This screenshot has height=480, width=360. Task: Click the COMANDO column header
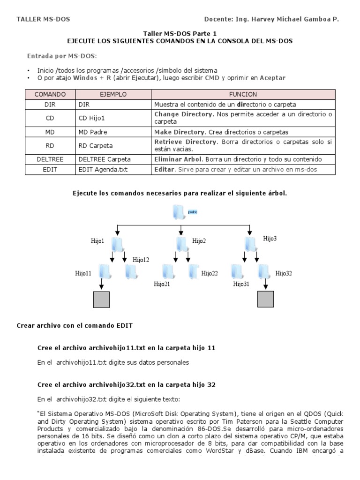click(50, 94)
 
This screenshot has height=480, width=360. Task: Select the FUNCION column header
click(243, 94)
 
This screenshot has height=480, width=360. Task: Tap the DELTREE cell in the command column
click(50, 159)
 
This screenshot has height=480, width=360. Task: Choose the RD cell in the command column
click(50, 146)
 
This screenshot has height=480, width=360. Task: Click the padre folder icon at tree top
click(180, 212)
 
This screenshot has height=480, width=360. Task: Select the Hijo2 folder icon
click(183, 244)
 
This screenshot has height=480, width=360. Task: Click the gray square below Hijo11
click(101, 300)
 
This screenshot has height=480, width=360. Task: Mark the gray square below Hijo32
click(266, 300)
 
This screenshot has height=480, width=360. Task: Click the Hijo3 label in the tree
click(270, 239)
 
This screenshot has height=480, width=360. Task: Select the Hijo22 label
click(210, 273)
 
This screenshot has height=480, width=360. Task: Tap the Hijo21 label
click(162, 284)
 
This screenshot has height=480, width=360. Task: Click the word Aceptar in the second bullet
click(272, 78)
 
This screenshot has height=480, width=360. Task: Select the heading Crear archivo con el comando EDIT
click(77, 325)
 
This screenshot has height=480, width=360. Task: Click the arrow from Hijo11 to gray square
click(101, 285)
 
